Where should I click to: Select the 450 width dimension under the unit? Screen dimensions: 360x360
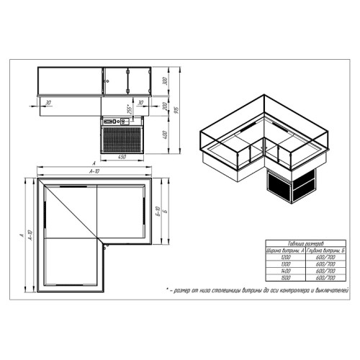tap(123, 157)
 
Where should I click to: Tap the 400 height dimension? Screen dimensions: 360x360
tap(165, 135)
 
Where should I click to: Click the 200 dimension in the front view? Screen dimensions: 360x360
tap(165, 107)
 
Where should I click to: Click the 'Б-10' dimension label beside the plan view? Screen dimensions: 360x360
tap(158, 213)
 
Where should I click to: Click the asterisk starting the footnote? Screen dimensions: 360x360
tap(167, 289)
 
